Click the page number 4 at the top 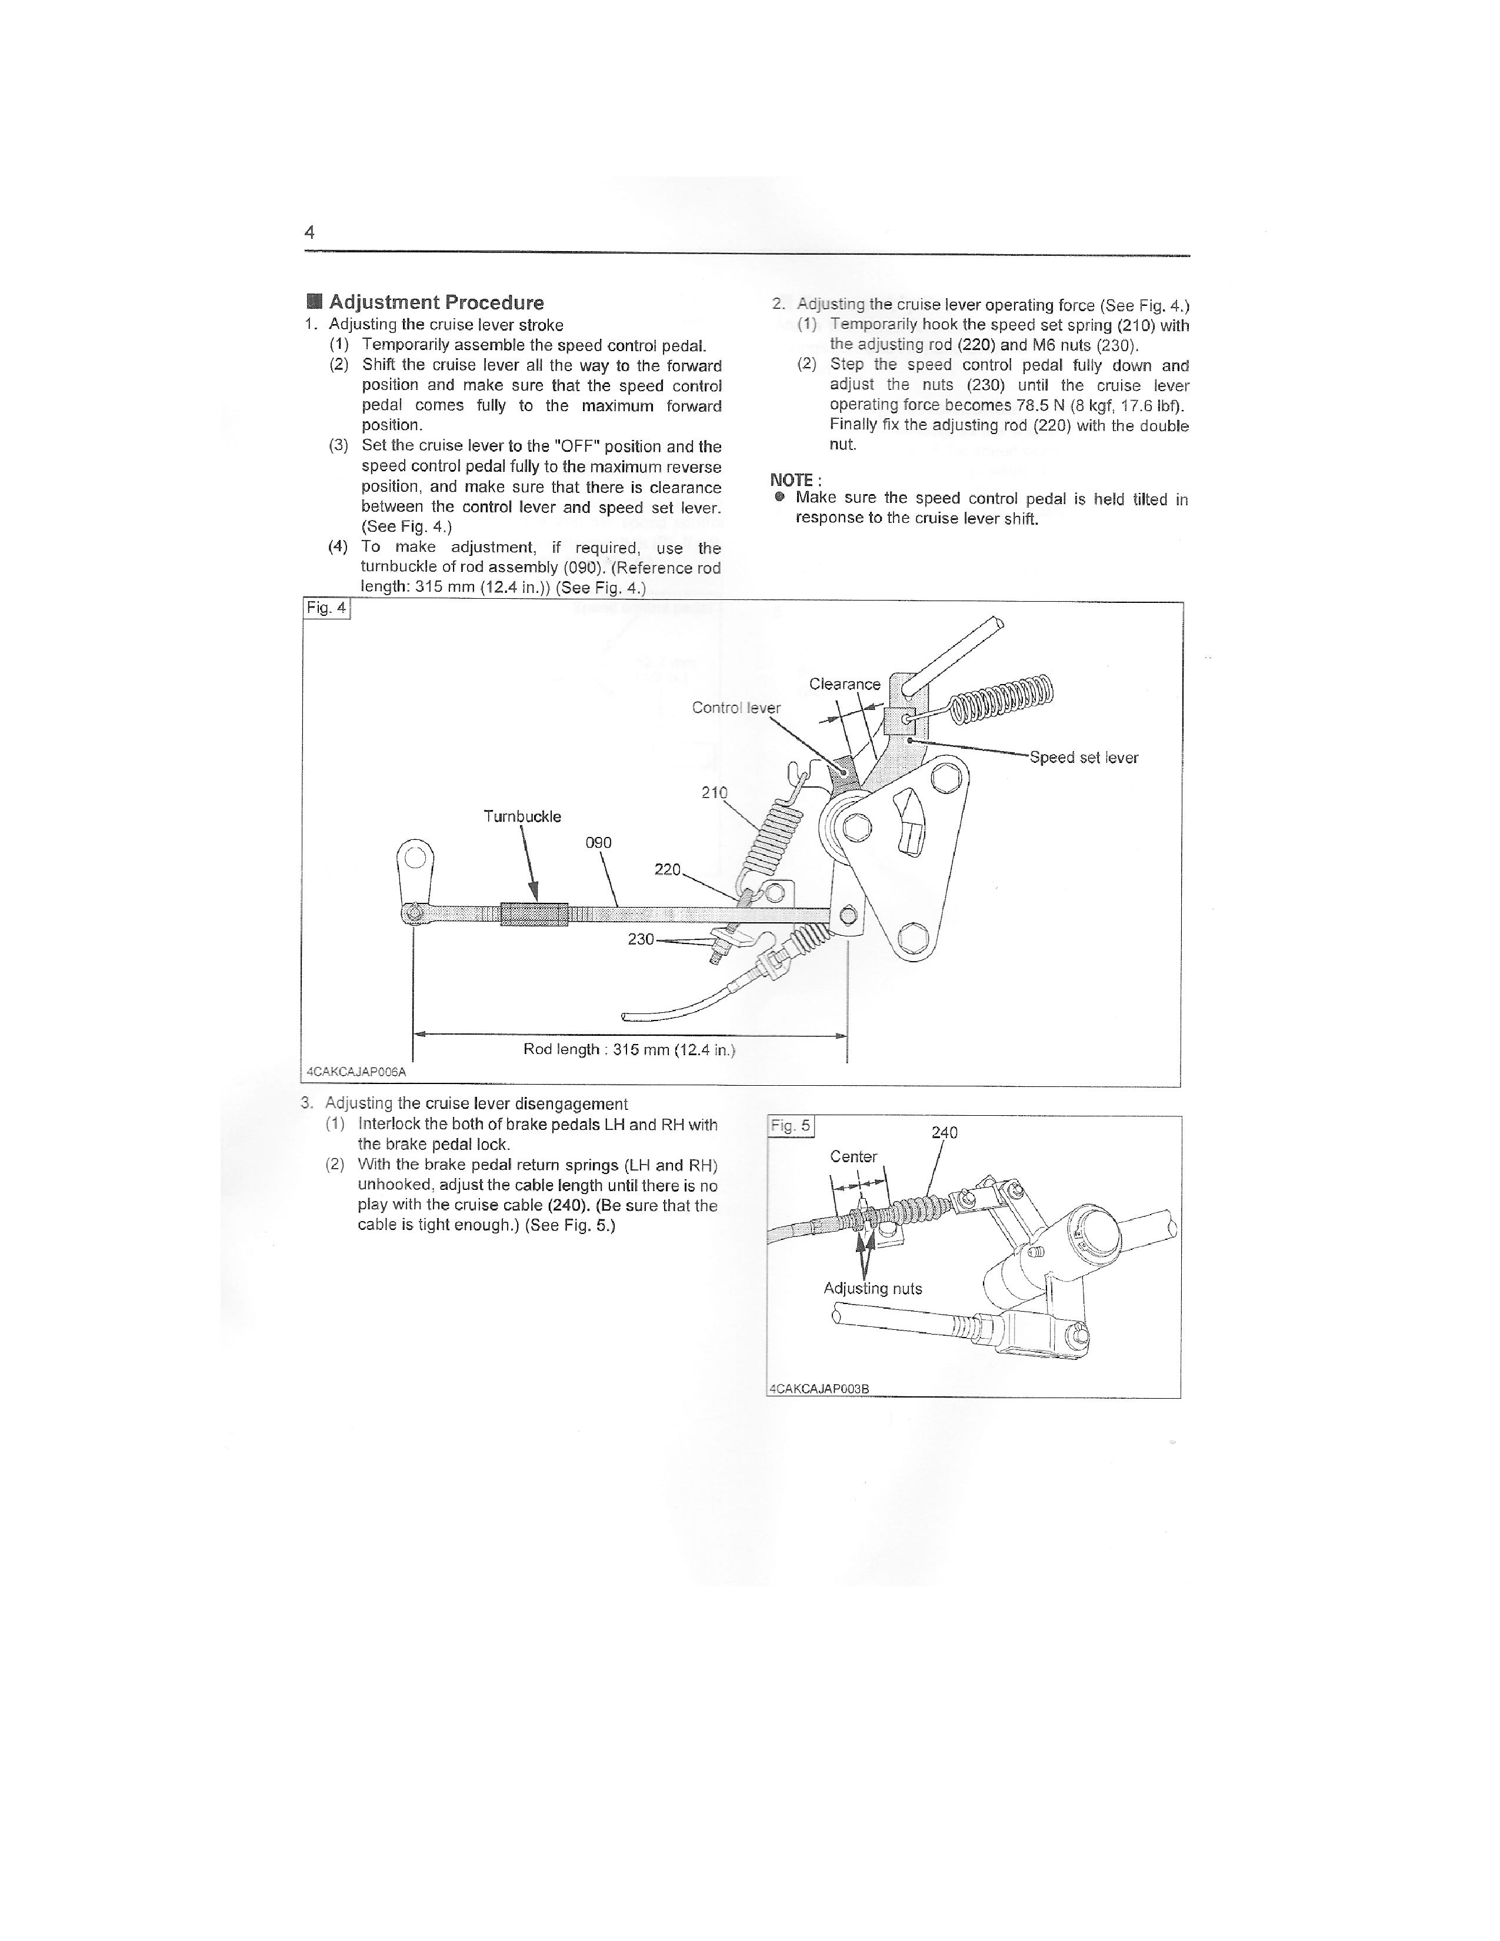click(309, 233)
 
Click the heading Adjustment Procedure click(435, 302)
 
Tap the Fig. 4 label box click(326, 608)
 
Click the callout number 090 click(598, 842)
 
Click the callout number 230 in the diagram click(641, 939)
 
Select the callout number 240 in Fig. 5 click(944, 1132)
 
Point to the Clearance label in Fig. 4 click(844, 683)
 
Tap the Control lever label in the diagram click(736, 708)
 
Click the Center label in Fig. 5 click(853, 1156)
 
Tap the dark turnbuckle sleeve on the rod click(534, 913)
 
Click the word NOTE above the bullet click(791, 480)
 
